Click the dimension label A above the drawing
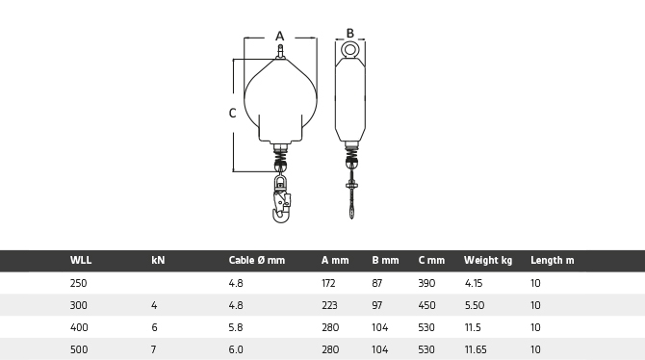(x=280, y=37)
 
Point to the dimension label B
(x=350, y=33)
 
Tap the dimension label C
(x=232, y=114)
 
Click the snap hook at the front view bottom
(x=281, y=198)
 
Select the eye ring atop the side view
(x=350, y=50)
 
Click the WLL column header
(x=81, y=260)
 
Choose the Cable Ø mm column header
(x=257, y=260)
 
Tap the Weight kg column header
(x=488, y=261)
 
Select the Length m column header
(x=552, y=260)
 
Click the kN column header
(x=158, y=260)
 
